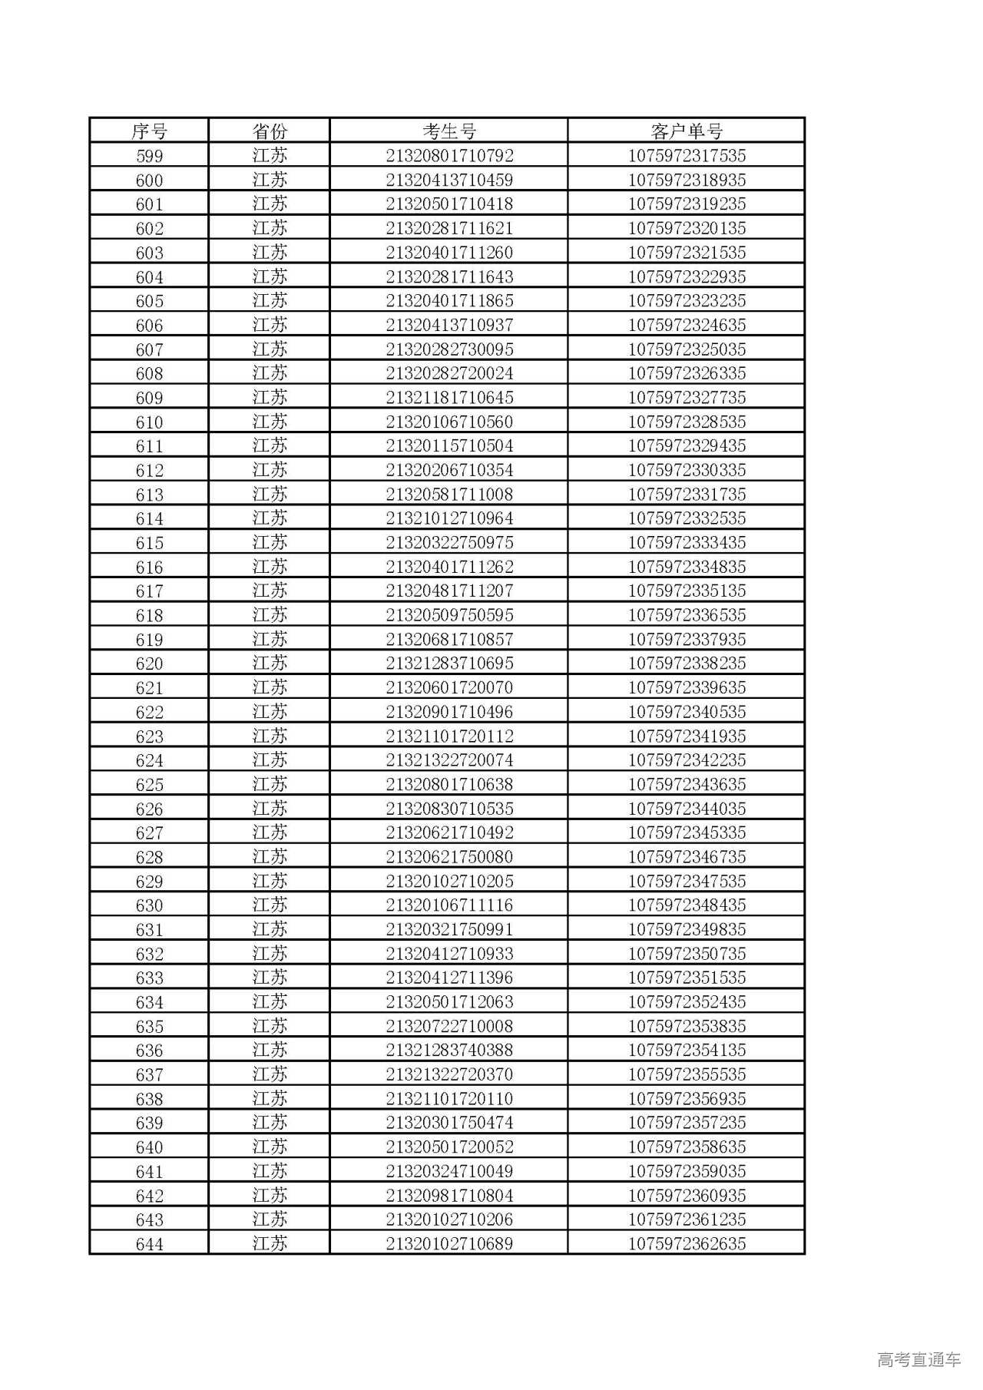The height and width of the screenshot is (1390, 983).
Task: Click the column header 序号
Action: coord(149,131)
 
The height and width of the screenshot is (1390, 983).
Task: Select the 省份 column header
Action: coord(269,131)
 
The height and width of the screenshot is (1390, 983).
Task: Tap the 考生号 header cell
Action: coord(449,131)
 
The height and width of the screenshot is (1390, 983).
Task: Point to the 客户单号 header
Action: coord(687,131)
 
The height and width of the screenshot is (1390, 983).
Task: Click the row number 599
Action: coord(149,156)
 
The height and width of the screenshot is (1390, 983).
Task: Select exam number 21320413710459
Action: coord(449,180)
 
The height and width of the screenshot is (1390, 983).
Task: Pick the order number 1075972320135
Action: coord(687,229)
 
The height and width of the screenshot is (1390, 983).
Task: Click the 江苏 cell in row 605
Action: coord(269,301)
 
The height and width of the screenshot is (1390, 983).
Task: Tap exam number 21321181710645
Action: coord(449,398)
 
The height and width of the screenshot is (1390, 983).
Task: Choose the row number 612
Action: coord(149,471)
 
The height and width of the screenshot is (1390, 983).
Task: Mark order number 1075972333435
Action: coord(687,543)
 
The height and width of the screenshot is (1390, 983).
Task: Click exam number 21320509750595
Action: coord(449,615)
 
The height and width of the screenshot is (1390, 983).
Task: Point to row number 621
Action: coord(149,688)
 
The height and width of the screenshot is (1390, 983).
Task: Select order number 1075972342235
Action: coord(687,760)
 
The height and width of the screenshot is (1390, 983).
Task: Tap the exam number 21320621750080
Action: coord(449,857)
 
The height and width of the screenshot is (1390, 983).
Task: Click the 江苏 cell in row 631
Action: coord(269,929)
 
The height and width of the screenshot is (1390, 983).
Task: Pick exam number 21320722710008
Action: coord(449,1026)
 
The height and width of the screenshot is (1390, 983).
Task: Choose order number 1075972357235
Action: coord(687,1123)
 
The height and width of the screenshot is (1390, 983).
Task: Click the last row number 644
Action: coord(149,1244)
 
